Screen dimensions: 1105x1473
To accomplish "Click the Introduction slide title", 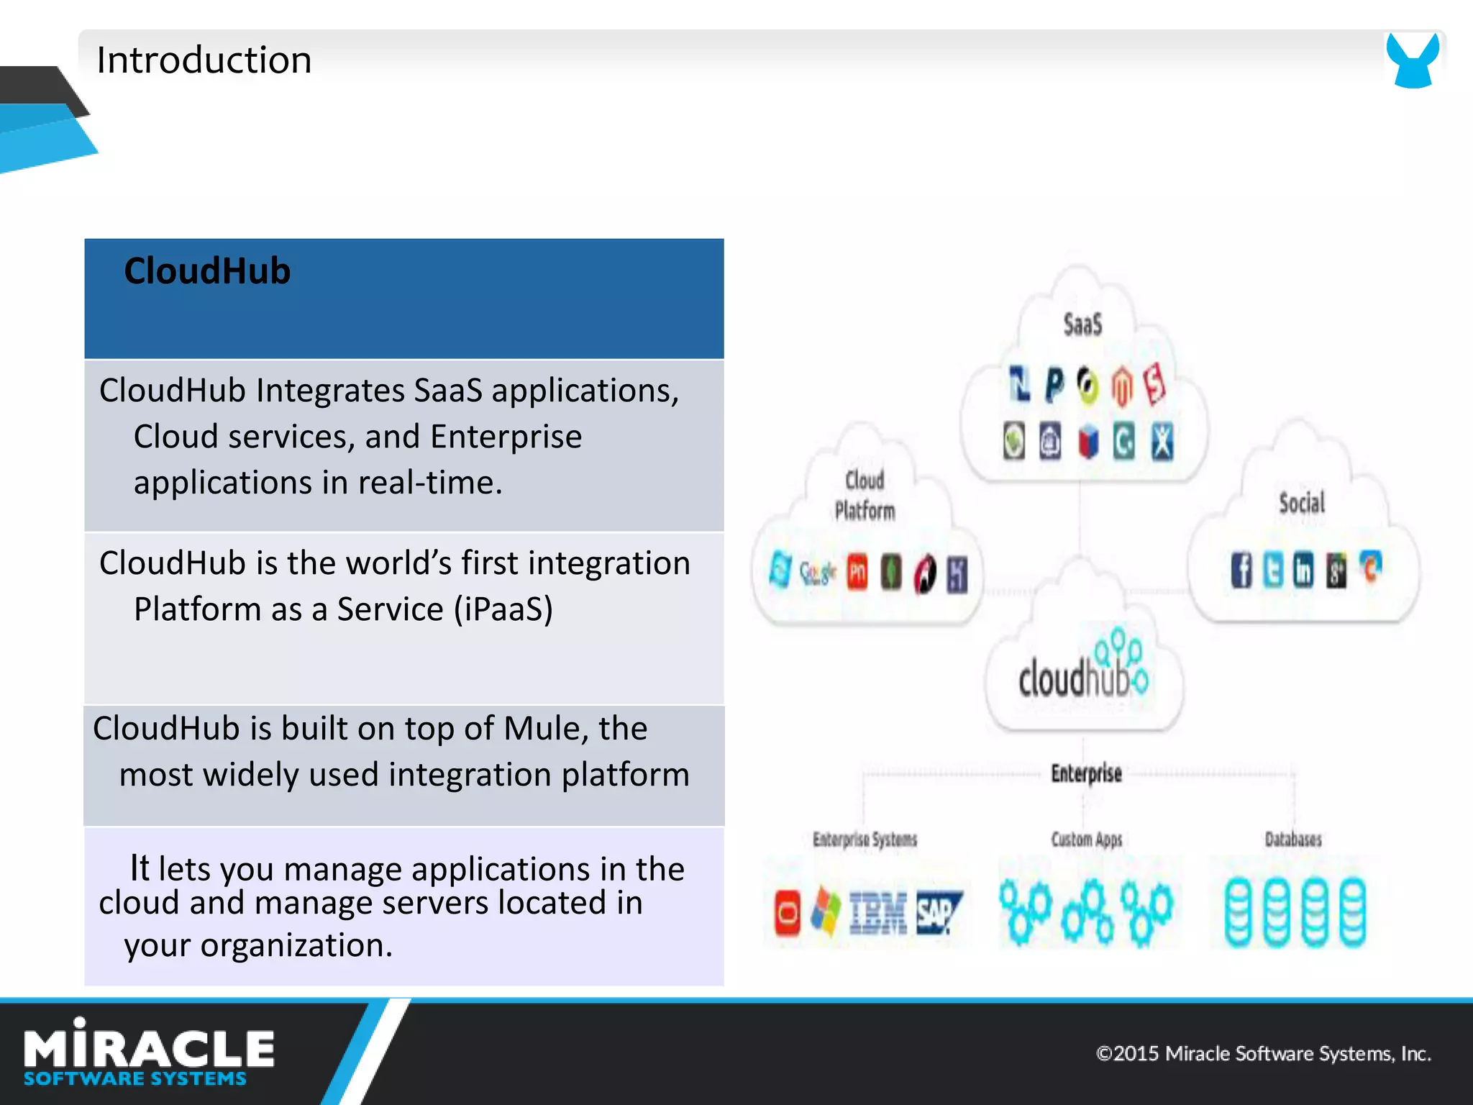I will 204,60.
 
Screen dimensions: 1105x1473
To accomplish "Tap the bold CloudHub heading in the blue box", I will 207,271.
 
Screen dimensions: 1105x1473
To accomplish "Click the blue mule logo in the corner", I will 1413,60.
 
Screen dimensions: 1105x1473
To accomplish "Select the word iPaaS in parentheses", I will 503,609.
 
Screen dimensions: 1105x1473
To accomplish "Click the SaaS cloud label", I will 1082,324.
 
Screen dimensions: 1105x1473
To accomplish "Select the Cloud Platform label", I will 865,495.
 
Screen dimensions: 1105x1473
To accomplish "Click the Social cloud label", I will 1302,502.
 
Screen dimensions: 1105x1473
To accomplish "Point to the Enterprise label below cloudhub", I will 1086,773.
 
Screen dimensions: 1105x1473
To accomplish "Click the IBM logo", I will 877,913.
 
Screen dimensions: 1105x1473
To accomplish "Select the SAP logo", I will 938,913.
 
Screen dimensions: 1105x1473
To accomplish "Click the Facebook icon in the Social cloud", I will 1241,570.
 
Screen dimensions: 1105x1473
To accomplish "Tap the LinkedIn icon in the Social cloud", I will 1303,570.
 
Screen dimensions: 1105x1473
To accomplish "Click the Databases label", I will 1293,839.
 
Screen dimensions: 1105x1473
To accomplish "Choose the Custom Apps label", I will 1086,839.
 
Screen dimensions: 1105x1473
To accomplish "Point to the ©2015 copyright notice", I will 1263,1054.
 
